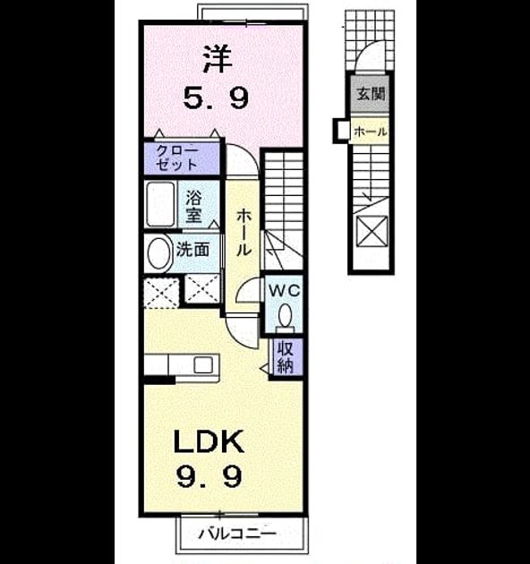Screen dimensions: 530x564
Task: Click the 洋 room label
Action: (218, 59)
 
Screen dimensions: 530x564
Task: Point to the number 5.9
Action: (216, 98)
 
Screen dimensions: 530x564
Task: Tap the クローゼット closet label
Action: (176, 158)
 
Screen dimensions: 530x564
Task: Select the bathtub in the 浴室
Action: (160, 204)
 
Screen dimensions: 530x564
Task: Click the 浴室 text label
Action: (193, 206)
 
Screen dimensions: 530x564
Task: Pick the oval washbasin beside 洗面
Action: (158, 252)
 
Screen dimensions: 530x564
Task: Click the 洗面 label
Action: (192, 250)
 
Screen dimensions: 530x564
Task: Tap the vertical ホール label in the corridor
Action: (244, 233)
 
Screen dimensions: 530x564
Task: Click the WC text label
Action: (285, 290)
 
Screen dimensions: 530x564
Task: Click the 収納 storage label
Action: (286, 357)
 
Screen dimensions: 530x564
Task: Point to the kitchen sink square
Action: (203, 365)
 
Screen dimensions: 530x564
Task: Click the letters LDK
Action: (209, 441)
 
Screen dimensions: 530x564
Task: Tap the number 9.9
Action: (209, 476)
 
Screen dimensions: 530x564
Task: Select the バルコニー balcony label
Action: (238, 533)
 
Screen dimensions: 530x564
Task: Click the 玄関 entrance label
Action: (371, 94)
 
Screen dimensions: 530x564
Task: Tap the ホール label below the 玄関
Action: (371, 132)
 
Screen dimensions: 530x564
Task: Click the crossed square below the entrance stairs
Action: (372, 231)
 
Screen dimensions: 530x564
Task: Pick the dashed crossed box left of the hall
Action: (161, 293)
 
